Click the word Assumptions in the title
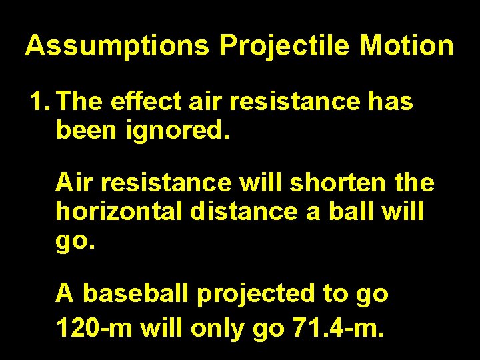click(117, 46)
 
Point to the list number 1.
click(39, 102)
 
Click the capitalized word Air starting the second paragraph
click(74, 181)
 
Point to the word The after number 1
click(81, 102)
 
